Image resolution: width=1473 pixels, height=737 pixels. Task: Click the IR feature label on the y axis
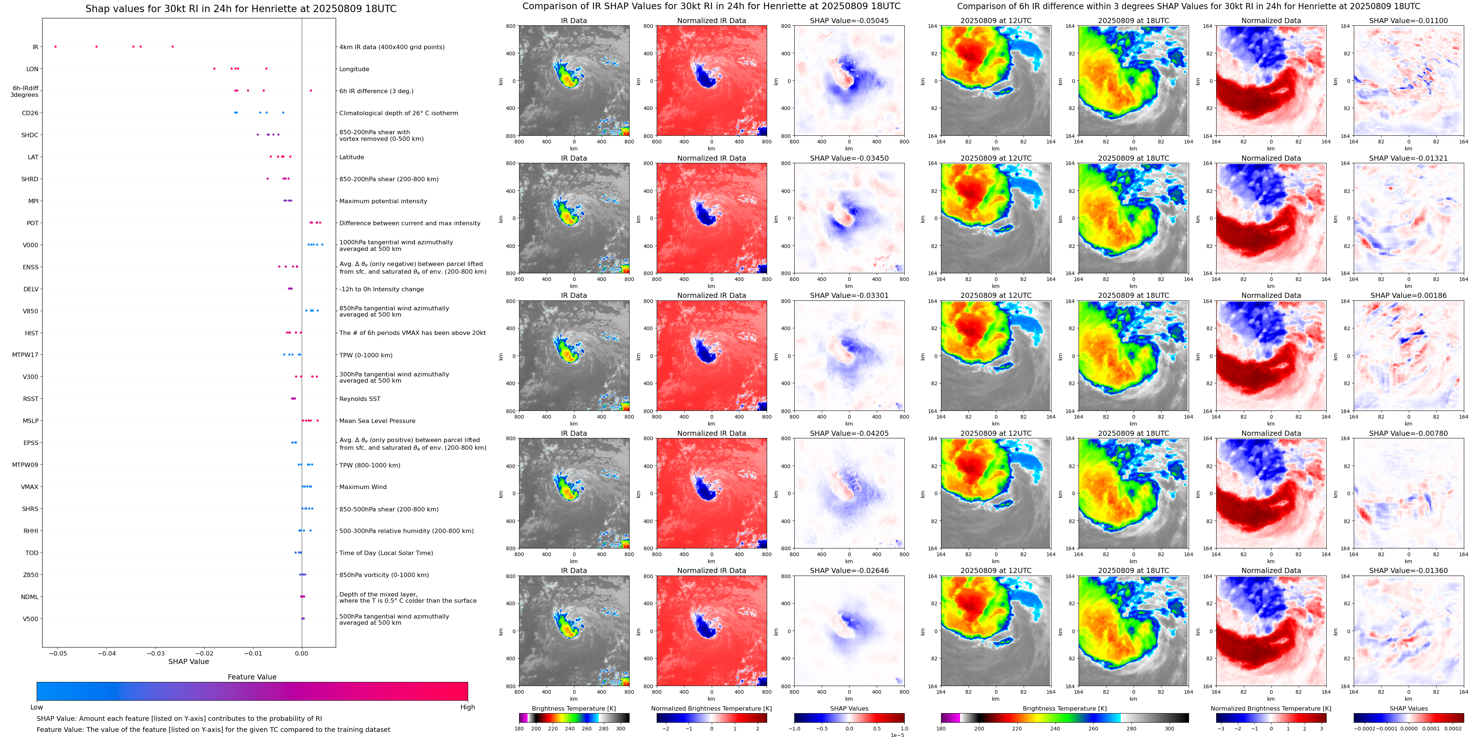[x=35, y=47]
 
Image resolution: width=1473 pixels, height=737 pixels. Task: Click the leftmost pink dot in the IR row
[x=55, y=46]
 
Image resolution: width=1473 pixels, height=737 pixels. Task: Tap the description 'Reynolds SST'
[x=360, y=399]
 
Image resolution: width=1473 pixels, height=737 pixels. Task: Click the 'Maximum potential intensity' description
[x=383, y=201]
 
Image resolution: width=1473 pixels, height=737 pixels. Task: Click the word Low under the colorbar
[x=37, y=707]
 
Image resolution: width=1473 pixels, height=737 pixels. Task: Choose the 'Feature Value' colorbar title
[x=252, y=677]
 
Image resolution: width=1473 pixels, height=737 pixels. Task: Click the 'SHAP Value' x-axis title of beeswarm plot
[x=189, y=661]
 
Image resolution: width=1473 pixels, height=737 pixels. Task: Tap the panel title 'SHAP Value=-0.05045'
[x=849, y=21]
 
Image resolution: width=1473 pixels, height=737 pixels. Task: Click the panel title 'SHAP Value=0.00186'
[x=1408, y=296]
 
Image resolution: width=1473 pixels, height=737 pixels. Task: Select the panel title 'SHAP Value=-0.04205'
[x=849, y=433]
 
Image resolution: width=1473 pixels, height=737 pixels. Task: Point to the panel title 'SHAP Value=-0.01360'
[x=1408, y=570]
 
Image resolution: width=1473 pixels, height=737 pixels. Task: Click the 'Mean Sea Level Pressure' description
[x=378, y=421]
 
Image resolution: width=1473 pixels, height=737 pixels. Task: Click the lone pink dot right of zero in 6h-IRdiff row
[x=310, y=90]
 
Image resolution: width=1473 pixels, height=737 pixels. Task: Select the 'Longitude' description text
[x=354, y=69]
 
